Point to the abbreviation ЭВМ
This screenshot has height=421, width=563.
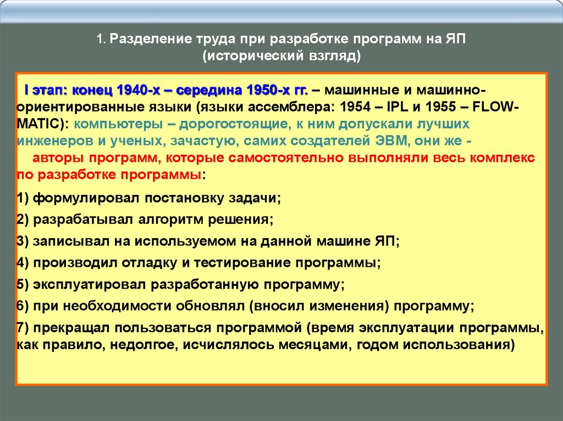pyautogui.click(x=391, y=141)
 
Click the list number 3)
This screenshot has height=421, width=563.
pyautogui.click(x=22, y=242)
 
